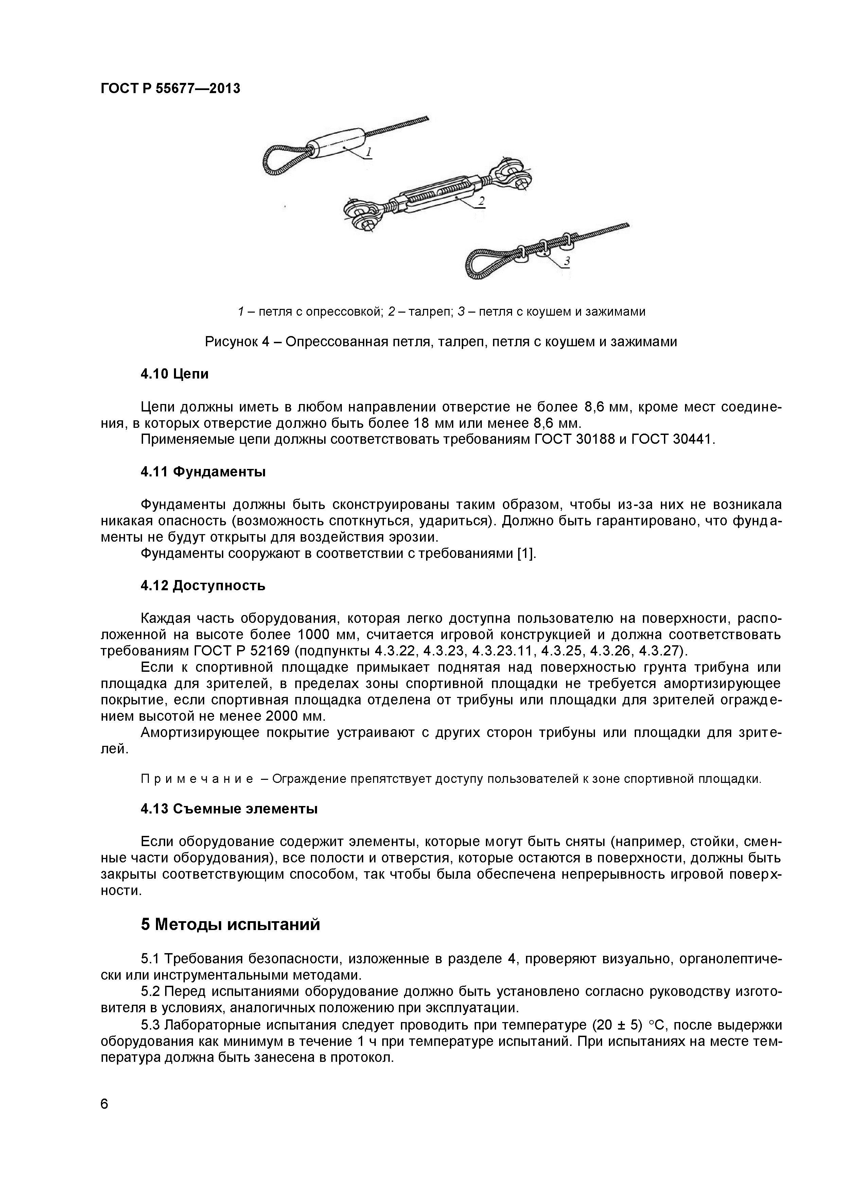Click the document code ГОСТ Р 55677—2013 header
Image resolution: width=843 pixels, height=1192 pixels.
click(170, 89)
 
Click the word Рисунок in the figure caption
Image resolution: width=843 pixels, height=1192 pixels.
click(231, 341)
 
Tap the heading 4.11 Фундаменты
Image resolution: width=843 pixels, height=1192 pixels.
click(203, 472)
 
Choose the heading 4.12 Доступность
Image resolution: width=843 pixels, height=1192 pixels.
click(203, 585)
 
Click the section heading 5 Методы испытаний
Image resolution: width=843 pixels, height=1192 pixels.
click(230, 925)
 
